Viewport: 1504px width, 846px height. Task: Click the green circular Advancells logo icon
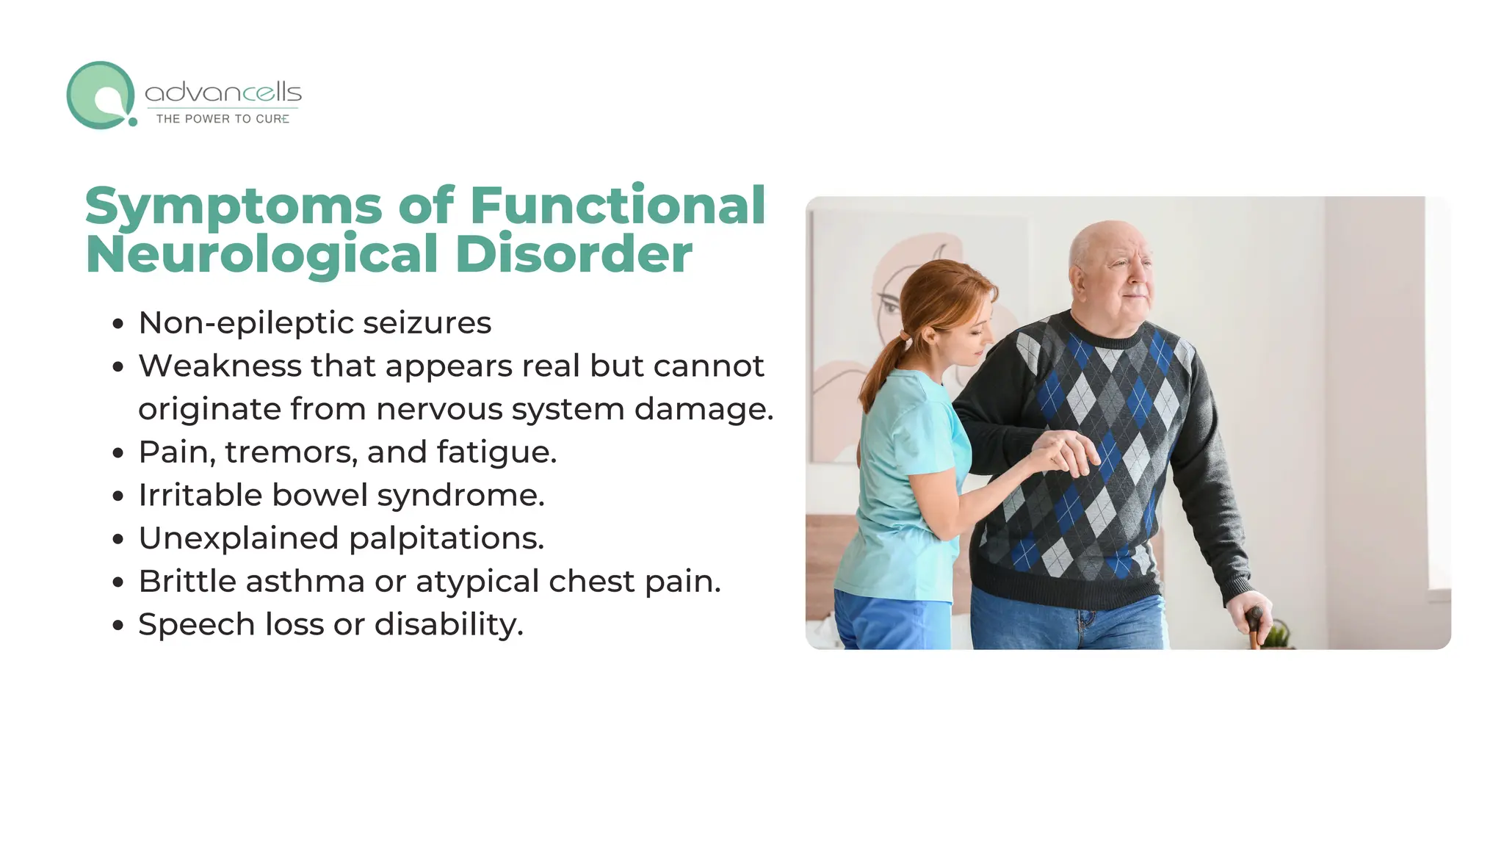point(101,95)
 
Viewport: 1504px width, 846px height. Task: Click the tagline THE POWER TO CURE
point(223,119)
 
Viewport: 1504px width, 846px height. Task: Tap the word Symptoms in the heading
point(234,206)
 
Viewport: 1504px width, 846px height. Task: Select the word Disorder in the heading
point(574,255)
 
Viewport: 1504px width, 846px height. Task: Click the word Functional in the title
point(618,206)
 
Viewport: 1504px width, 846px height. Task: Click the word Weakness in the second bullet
point(220,366)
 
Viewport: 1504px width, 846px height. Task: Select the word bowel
point(319,495)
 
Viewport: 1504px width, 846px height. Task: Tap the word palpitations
point(446,538)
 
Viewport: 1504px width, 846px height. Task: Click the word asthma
point(305,582)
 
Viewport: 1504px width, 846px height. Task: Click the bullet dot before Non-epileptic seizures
point(118,325)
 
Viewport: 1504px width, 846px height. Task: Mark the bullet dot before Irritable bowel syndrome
point(118,497)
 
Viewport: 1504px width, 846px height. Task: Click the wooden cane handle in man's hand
point(1254,621)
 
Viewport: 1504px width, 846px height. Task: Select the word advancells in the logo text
point(223,93)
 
